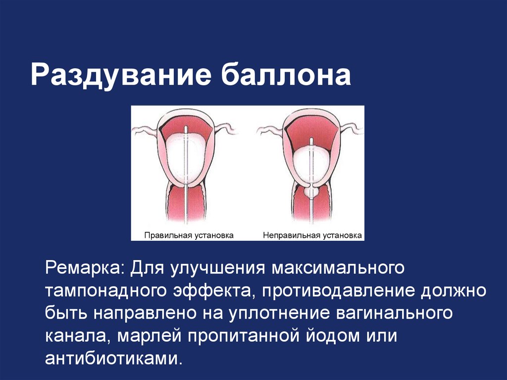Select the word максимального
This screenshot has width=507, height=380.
(x=337, y=268)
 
